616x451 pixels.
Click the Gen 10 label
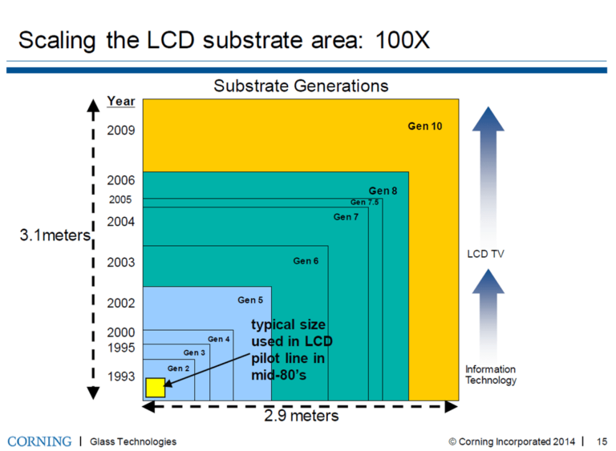[x=425, y=127]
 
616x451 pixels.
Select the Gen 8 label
[x=383, y=191]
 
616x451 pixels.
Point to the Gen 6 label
[x=306, y=261]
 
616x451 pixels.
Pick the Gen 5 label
[x=250, y=300]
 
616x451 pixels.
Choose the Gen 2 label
[x=178, y=368]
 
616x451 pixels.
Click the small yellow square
[x=156, y=388]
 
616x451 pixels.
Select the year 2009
[x=120, y=130]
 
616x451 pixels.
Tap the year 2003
[x=120, y=262]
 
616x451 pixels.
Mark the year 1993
[x=120, y=377]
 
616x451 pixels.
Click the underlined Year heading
[x=121, y=102]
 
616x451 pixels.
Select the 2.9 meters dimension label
[x=302, y=417]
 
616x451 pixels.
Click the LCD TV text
[x=485, y=254]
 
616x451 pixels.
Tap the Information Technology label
[x=491, y=375]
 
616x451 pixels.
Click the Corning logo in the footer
[x=39, y=441]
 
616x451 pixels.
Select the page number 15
[x=602, y=441]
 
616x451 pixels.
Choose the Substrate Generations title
[x=301, y=86]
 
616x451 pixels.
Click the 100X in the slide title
[x=399, y=40]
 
